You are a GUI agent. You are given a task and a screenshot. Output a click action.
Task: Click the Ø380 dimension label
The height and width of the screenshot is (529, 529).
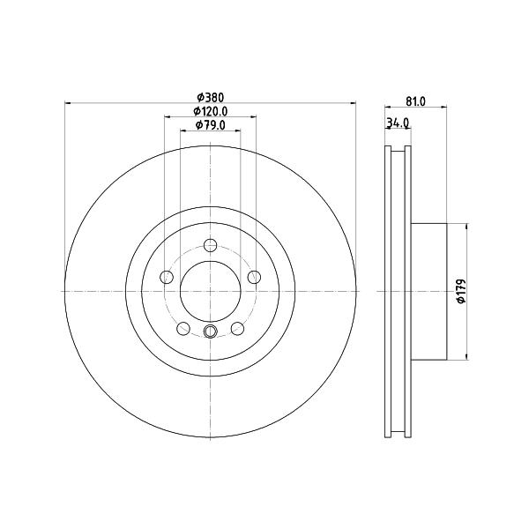[x=211, y=98]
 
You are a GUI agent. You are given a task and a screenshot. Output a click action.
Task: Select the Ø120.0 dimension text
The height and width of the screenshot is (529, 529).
[x=211, y=111]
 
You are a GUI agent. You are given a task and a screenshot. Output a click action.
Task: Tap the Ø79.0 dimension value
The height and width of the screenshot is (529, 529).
[x=211, y=125]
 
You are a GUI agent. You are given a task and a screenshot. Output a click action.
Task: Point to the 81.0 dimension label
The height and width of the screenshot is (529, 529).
[x=415, y=101]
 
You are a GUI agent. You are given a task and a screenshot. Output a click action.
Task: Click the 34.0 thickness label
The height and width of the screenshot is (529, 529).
[x=398, y=123]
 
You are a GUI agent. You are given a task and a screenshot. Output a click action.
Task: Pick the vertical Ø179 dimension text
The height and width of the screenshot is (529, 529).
[x=461, y=291]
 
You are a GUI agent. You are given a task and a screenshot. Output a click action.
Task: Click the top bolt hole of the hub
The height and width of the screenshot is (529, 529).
[x=211, y=245]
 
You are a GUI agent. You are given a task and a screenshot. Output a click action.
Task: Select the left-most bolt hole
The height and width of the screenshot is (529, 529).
[x=167, y=278]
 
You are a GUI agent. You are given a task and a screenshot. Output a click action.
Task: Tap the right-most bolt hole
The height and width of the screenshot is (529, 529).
[x=254, y=278]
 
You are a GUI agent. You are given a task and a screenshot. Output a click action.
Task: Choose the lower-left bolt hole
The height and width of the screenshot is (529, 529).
[x=183, y=329]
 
